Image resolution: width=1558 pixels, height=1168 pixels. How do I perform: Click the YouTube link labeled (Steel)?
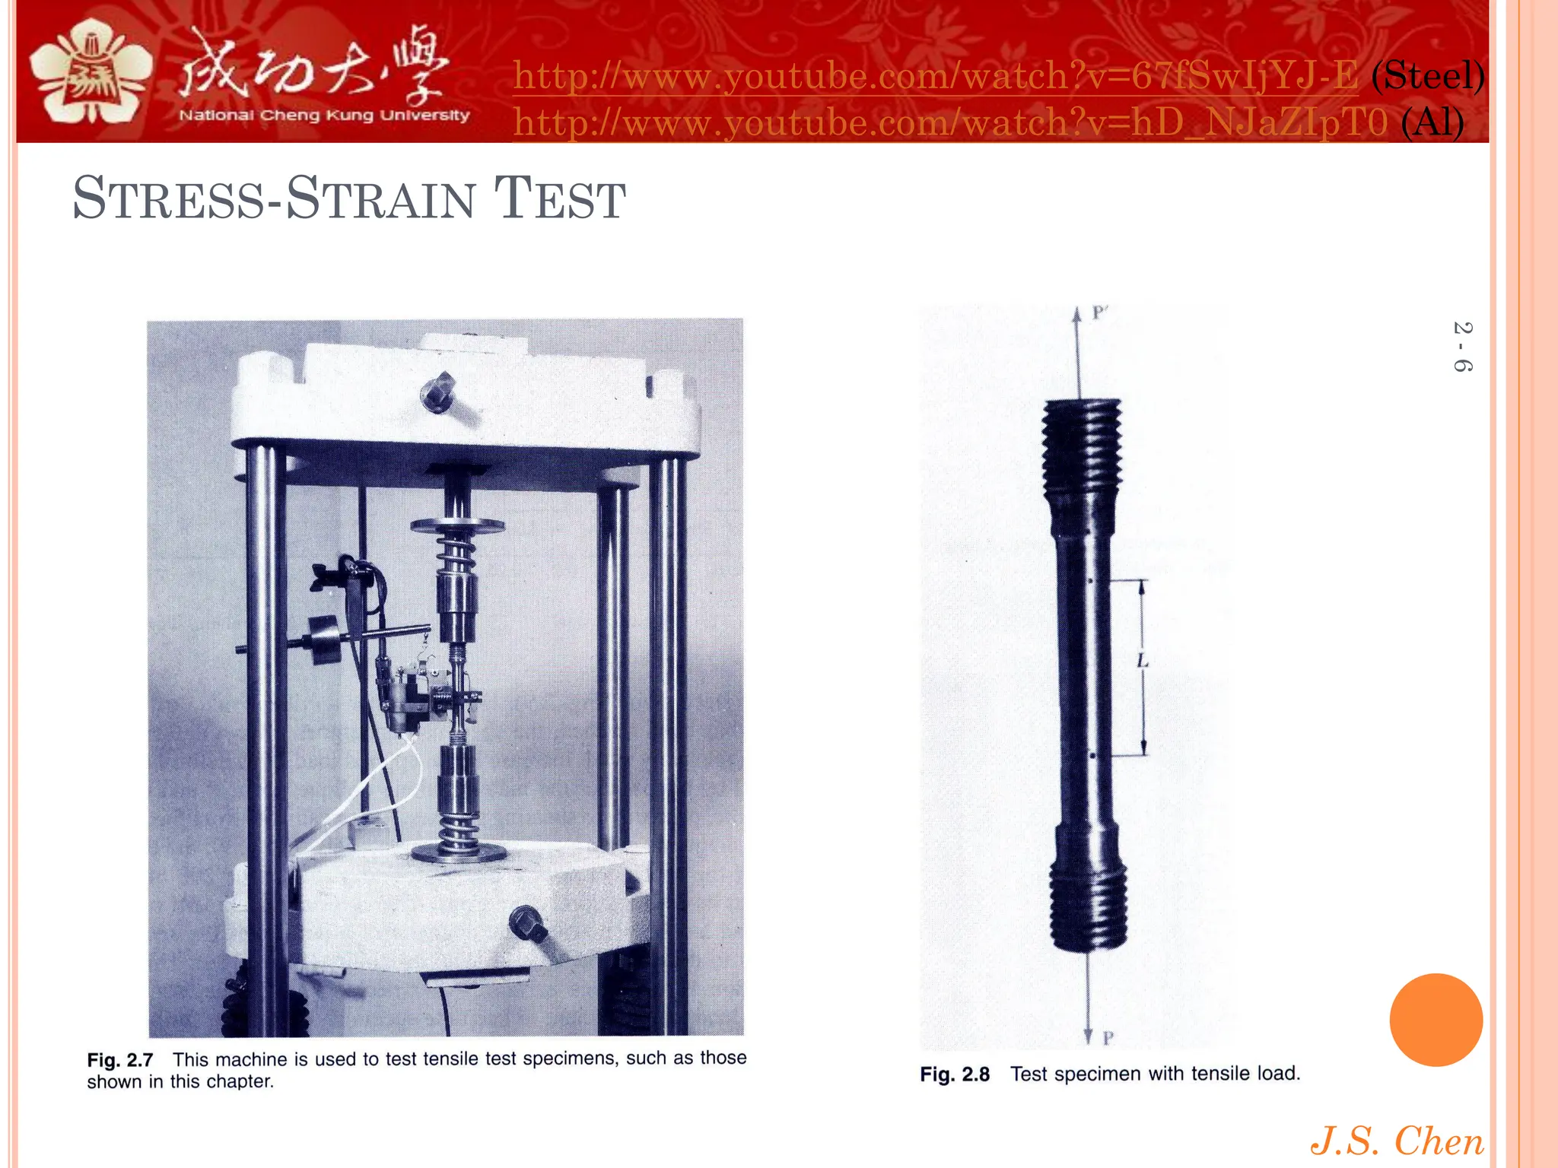tap(936, 76)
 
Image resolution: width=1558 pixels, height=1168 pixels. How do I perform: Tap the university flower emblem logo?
tap(91, 72)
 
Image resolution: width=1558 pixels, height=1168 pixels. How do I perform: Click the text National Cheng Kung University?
tap(324, 116)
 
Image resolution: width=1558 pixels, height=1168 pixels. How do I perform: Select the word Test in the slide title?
tap(560, 199)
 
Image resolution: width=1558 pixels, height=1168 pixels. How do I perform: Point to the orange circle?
tap(1436, 1020)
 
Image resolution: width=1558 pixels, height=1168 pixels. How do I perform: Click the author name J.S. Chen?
tap(1397, 1141)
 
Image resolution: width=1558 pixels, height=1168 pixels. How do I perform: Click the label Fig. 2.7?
tap(120, 1060)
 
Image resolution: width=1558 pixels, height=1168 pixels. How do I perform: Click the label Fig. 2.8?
tap(955, 1074)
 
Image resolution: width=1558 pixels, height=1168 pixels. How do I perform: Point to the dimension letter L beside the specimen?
tap(1143, 661)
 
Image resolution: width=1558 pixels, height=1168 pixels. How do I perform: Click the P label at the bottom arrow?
tap(1108, 1037)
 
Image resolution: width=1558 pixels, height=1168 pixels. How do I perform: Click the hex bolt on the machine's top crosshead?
tap(438, 392)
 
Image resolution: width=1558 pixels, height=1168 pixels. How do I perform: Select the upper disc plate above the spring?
tap(457, 525)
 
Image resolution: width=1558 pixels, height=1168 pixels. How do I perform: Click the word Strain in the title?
tap(380, 199)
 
